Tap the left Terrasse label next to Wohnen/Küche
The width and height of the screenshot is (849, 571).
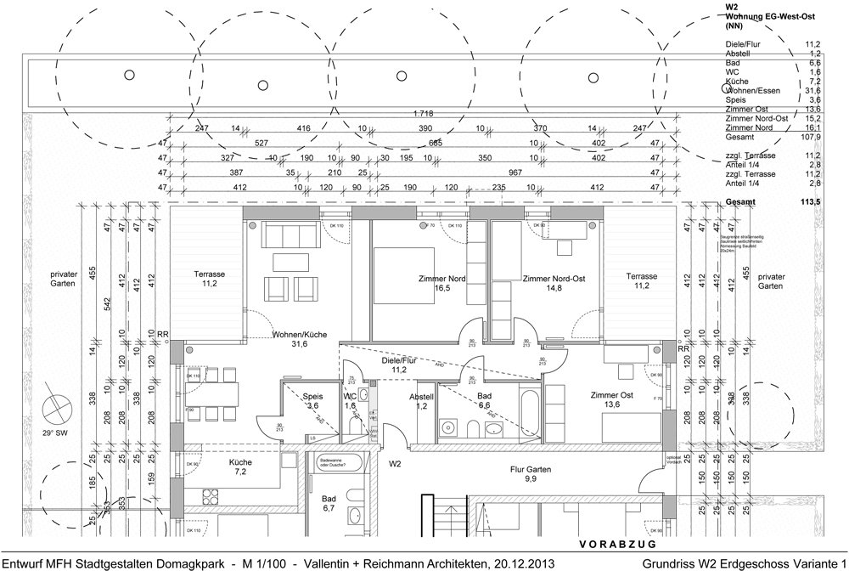(208, 275)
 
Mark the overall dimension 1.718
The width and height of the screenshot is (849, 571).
(424, 113)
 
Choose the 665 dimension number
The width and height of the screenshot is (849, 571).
(436, 143)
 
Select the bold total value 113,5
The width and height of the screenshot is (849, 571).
(809, 202)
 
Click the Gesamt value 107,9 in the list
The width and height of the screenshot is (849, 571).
(810, 136)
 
